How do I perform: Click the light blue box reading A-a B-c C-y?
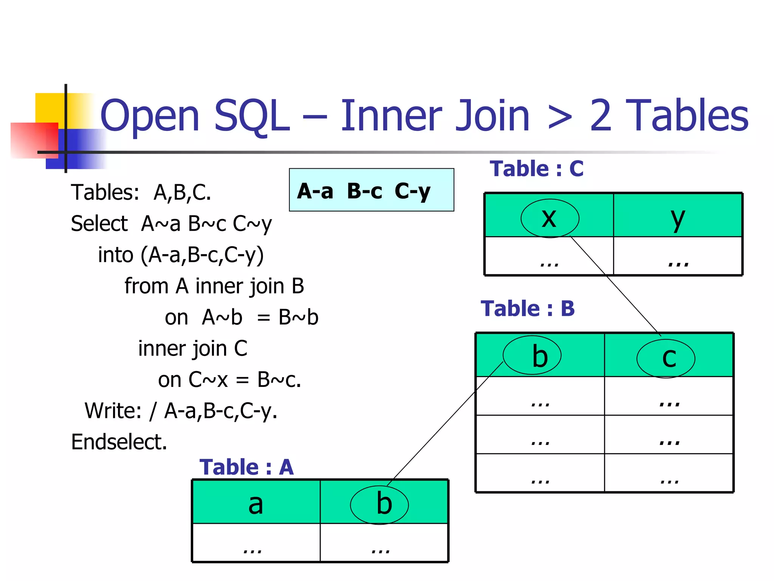[x=372, y=190]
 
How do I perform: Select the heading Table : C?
[x=536, y=169]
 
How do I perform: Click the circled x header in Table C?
[x=550, y=218]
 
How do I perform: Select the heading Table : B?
[x=528, y=309]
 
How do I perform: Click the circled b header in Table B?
[x=532, y=356]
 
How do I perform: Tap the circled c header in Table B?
[x=666, y=358]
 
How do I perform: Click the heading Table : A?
[x=246, y=467]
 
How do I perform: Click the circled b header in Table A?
[x=379, y=504]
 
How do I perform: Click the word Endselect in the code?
[x=119, y=442]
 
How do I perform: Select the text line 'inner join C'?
[x=193, y=348]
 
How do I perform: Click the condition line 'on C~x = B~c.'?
[x=229, y=380]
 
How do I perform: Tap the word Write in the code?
[x=113, y=411]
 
